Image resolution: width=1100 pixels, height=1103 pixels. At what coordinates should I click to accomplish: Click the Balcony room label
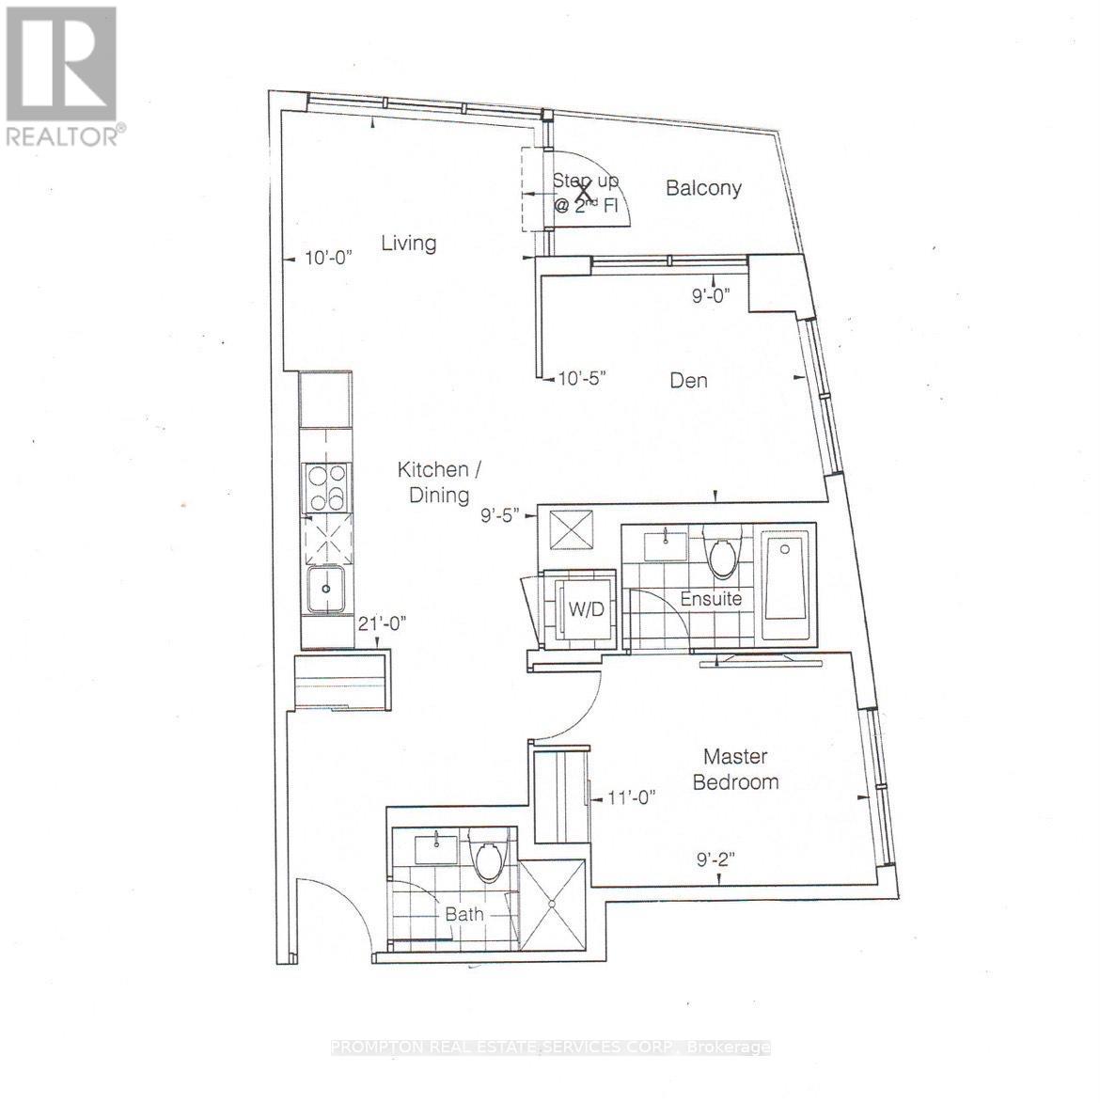[703, 188]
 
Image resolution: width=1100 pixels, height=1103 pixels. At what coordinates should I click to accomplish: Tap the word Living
[408, 244]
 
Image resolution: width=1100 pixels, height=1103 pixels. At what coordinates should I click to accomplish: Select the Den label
[688, 381]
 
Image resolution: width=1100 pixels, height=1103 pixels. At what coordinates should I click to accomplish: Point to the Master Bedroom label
[735, 769]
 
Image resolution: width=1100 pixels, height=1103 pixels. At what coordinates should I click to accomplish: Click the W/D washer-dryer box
[579, 608]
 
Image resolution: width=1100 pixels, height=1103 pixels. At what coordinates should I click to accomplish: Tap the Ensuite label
[712, 599]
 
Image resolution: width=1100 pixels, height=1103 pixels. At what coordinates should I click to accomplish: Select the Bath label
[464, 914]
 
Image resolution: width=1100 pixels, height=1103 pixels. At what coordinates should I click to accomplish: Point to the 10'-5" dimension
[582, 379]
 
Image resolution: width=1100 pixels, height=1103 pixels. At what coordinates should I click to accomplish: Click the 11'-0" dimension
[631, 797]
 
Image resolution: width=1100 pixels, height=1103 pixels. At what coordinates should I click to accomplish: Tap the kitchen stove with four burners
[325, 488]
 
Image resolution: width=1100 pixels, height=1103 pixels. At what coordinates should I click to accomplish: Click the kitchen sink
[325, 591]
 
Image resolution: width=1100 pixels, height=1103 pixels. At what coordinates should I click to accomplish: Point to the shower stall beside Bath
[551, 906]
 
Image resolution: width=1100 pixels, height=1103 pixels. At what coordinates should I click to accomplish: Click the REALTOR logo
[61, 75]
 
